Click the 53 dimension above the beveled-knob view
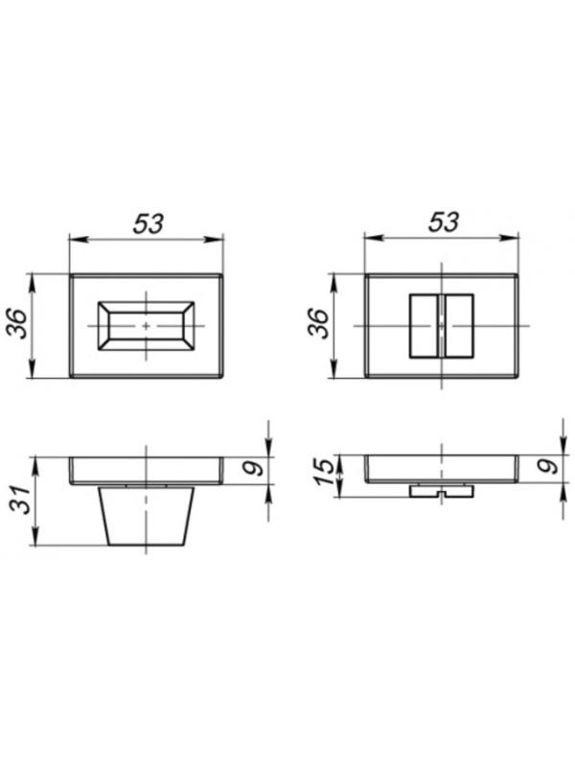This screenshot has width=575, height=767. [x=147, y=222]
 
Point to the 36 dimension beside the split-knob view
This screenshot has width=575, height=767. [x=316, y=326]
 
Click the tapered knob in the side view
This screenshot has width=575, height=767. [x=146, y=516]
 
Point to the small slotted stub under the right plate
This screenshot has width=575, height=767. [x=441, y=491]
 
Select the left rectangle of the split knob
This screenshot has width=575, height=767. [x=423, y=326]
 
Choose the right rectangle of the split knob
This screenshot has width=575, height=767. [x=458, y=326]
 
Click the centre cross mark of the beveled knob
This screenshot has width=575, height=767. [x=146, y=326]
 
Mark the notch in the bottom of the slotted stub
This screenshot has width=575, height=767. [x=441, y=495]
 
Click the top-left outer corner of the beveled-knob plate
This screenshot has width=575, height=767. [x=70, y=276]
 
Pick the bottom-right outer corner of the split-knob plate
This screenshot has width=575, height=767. [x=518, y=377]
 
